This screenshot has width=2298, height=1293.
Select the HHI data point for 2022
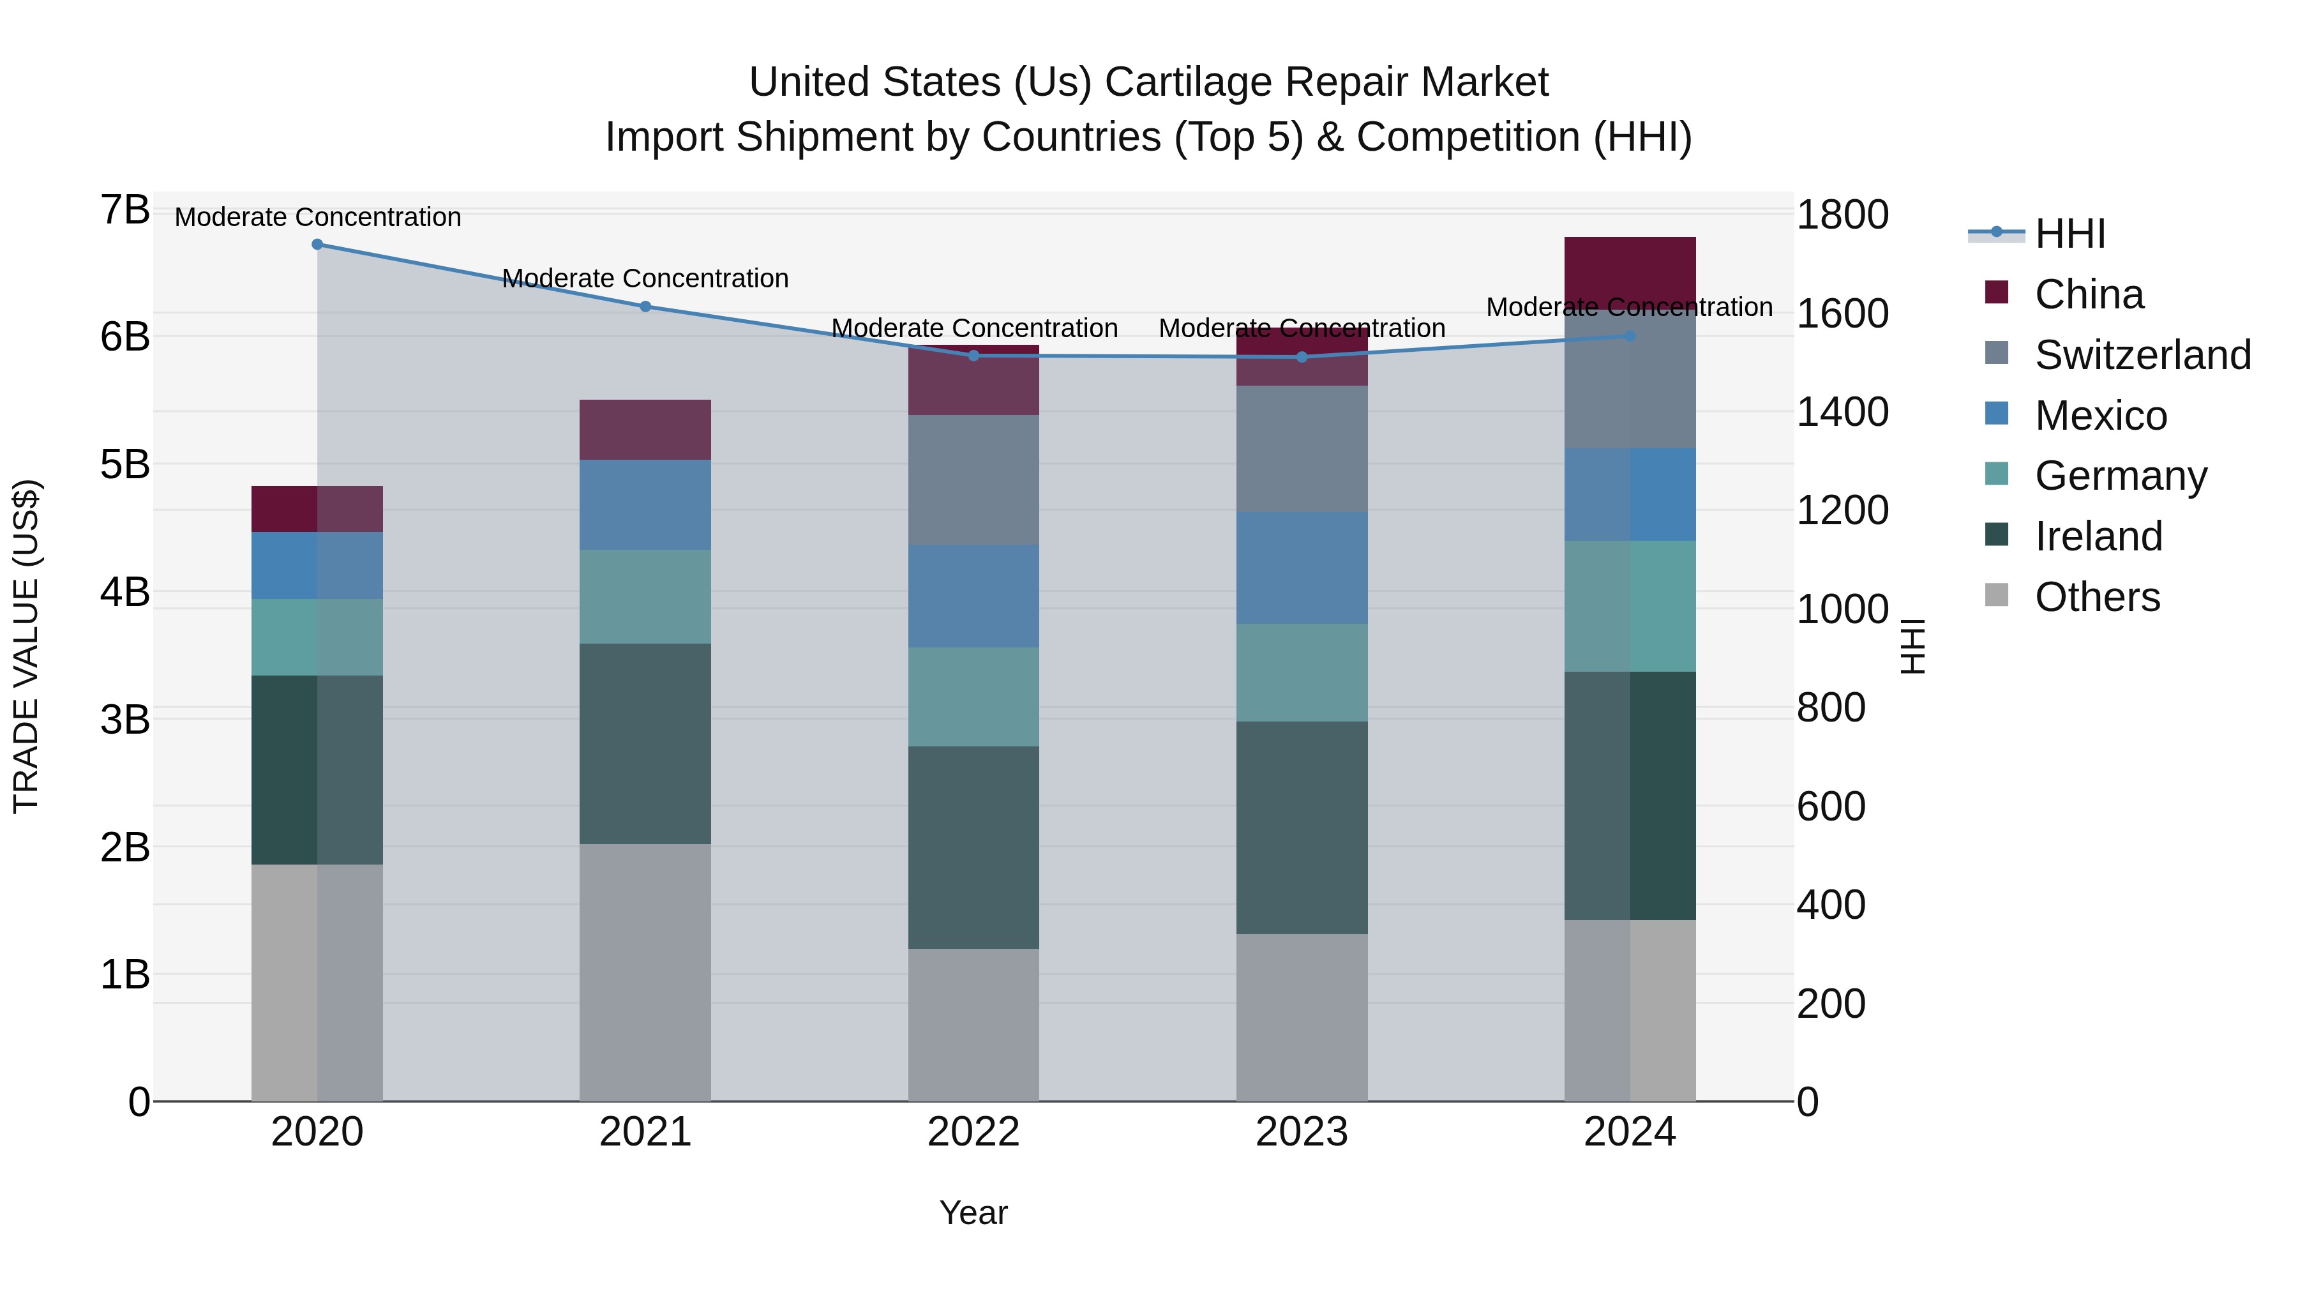[973, 356]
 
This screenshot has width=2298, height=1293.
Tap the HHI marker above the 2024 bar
[1630, 336]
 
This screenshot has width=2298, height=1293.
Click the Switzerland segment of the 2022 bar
[973, 480]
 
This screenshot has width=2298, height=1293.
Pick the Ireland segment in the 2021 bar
[645, 743]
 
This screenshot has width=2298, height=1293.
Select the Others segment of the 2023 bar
[1302, 1017]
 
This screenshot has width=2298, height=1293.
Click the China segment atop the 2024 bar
[1630, 268]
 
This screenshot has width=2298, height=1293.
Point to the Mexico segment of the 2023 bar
[1302, 568]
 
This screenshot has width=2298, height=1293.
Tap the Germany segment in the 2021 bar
[645, 596]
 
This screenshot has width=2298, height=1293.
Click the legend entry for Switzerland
[2142, 355]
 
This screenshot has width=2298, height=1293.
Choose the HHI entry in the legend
[2069, 234]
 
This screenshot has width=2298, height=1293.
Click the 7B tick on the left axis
[125, 211]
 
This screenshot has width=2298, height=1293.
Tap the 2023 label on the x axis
[1302, 1132]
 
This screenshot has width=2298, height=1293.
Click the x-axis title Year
[973, 1213]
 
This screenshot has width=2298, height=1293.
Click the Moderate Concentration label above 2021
[645, 278]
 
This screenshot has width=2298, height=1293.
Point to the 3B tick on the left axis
[125, 719]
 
